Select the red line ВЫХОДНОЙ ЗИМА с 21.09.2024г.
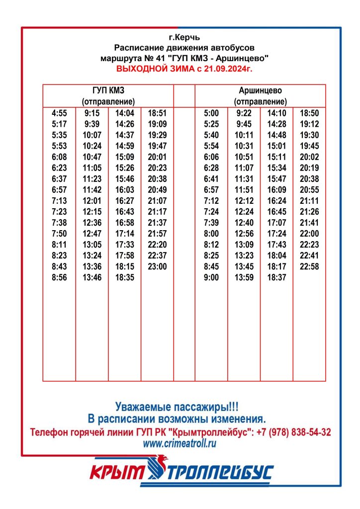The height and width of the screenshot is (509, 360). (x=184, y=69)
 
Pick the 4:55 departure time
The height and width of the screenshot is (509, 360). (x=59, y=113)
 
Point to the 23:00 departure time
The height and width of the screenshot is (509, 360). (x=157, y=267)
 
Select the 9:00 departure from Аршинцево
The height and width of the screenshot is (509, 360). (x=211, y=278)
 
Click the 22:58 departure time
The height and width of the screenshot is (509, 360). (x=309, y=267)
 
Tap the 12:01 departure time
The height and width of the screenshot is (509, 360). (x=91, y=201)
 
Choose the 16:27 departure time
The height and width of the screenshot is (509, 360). (x=124, y=201)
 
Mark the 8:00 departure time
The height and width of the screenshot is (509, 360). (x=211, y=234)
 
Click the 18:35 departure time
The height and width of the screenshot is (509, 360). (x=124, y=278)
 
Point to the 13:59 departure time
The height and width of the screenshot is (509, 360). (x=244, y=278)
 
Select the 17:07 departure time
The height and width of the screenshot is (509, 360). (x=276, y=223)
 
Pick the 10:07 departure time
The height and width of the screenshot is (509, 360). (x=91, y=135)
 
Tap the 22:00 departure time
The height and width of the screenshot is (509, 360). (x=309, y=234)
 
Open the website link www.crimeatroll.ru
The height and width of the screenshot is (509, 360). (x=180, y=443)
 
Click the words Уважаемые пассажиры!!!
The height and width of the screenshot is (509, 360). (x=180, y=406)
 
